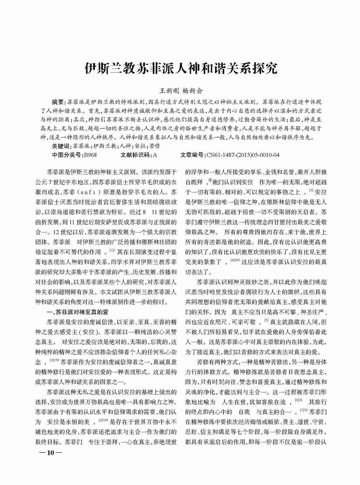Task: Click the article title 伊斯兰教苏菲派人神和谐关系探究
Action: [180, 69]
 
